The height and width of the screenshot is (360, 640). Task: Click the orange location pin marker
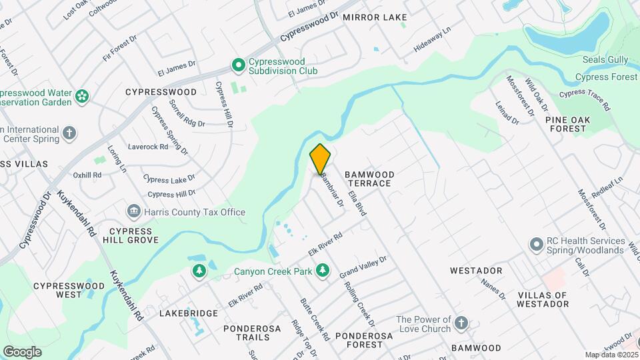click(x=320, y=159)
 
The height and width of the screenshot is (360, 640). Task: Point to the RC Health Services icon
click(x=535, y=245)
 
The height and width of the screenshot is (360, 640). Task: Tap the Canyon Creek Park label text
click(x=273, y=271)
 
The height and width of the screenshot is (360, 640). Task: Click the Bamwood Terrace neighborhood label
click(x=369, y=179)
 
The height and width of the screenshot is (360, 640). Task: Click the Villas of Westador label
click(x=543, y=299)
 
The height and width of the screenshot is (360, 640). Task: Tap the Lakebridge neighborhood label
click(x=189, y=313)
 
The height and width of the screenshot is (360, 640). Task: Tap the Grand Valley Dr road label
click(x=363, y=267)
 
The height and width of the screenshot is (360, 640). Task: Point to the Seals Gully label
click(x=605, y=60)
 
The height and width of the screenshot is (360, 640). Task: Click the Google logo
click(x=22, y=352)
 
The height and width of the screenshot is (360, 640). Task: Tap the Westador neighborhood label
click(x=475, y=271)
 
